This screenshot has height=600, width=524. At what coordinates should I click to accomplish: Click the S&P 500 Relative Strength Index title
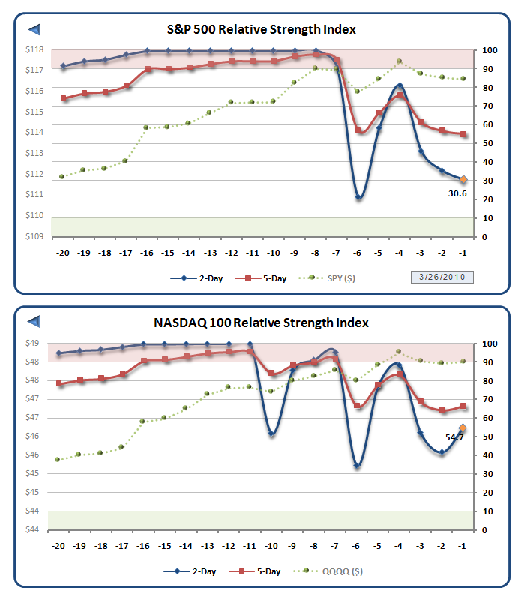[x=261, y=30]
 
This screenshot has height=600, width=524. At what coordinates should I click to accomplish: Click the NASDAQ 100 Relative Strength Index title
[x=261, y=323]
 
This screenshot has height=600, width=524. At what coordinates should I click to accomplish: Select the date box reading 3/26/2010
[x=442, y=277]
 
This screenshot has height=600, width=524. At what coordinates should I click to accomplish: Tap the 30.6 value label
[x=458, y=193]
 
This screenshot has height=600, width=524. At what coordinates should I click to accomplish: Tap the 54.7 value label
[x=455, y=436]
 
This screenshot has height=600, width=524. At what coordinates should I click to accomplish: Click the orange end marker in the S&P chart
[x=463, y=179]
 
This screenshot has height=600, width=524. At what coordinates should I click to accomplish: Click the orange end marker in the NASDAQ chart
[x=463, y=427]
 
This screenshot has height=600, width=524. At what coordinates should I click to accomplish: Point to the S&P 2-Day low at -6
[x=358, y=198]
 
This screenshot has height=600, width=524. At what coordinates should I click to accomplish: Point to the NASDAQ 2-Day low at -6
[x=358, y=466]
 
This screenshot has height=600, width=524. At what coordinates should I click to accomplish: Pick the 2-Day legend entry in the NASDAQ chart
[x=193, y=571]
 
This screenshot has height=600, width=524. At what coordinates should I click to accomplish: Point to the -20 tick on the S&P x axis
[x=63, y=252]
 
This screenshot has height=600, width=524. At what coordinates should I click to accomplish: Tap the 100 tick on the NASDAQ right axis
[x=489, y=343]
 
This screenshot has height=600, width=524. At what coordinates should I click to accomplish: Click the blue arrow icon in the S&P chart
[x=34, y=29]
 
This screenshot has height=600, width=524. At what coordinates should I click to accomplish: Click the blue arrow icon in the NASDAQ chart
[x=34, y=322]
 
